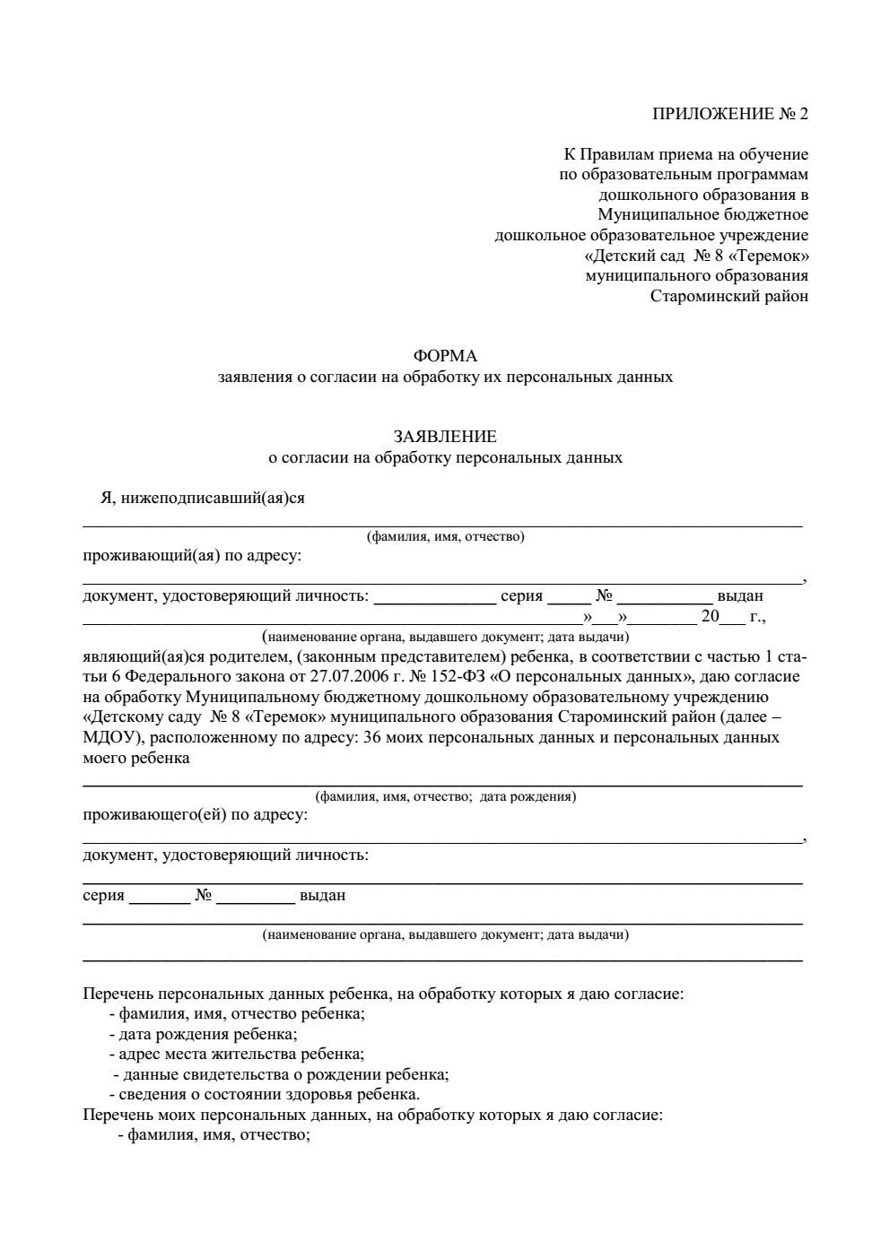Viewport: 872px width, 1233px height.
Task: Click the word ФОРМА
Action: (x=445, y=356)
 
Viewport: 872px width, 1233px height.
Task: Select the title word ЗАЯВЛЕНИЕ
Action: (x=445, y=437)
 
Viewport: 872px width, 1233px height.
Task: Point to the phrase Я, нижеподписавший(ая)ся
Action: (x=202, y=498)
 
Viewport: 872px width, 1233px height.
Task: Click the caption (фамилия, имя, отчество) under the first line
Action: (x=445, y=537)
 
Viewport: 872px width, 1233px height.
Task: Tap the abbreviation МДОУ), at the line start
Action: (x=114, y=737)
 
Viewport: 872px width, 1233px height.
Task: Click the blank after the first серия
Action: (x=567, y=597)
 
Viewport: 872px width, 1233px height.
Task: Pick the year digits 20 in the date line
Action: (x=711, y=616)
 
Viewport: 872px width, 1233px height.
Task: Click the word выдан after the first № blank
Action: (x=740, y=595)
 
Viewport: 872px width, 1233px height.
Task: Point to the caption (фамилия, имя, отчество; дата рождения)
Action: (x=445, y=796)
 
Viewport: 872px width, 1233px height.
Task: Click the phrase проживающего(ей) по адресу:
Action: (x=195, y=815)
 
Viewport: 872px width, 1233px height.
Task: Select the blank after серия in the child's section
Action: (x=160, y=897)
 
